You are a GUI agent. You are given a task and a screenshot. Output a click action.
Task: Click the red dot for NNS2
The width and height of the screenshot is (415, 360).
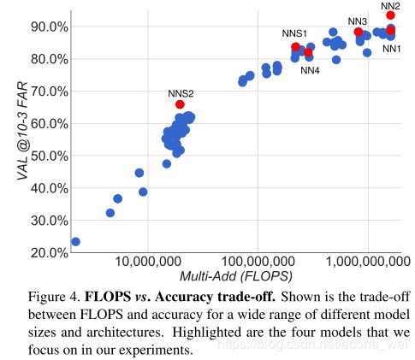180,104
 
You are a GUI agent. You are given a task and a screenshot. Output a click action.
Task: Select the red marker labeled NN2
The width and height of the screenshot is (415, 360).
390,15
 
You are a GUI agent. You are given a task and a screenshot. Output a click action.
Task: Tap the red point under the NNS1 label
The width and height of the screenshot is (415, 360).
296,47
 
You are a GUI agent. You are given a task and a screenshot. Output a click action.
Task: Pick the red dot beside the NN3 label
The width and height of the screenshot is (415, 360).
359,32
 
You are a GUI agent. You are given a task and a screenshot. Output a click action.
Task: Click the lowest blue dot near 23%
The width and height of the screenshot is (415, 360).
75,242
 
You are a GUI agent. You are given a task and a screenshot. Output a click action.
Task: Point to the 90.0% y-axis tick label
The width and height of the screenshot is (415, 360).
50,27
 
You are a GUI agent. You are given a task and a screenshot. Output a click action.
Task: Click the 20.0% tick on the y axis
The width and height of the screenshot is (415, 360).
50,252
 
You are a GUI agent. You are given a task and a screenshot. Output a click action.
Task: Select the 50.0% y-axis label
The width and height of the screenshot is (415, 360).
50,156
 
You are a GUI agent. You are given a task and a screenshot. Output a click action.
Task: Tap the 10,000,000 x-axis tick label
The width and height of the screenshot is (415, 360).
147,262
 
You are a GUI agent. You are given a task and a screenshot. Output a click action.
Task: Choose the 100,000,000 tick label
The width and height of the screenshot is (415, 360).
258,262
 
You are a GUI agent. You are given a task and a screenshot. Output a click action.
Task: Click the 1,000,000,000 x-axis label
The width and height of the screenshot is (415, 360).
368,262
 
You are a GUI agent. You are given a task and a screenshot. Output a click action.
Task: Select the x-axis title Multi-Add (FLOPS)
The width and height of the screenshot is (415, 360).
236,276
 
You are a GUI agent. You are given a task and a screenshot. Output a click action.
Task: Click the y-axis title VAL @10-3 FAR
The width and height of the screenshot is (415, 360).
22,131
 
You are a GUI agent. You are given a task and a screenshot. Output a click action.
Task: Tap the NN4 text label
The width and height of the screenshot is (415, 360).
310,70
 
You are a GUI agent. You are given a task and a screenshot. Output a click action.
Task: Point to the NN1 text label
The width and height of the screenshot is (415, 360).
392,49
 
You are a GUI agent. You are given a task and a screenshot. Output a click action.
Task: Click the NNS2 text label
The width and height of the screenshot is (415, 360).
181,93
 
